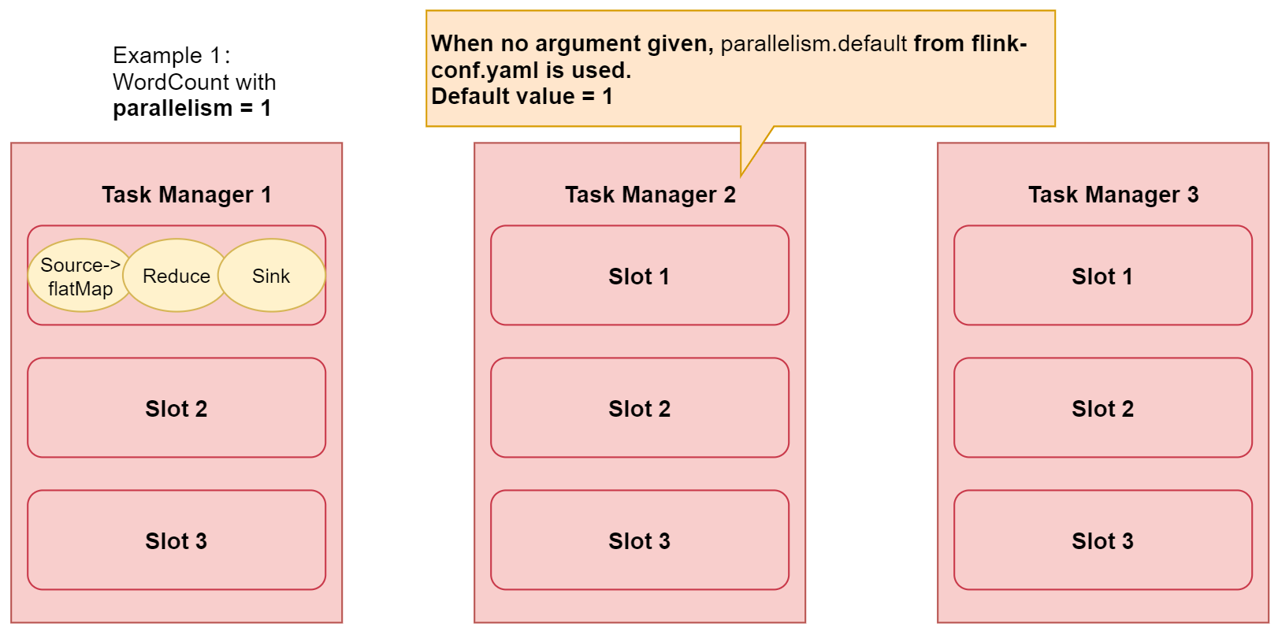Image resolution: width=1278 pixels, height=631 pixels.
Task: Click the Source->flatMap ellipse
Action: coord(79,276)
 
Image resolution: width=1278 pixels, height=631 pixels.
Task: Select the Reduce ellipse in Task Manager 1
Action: coord(176,276)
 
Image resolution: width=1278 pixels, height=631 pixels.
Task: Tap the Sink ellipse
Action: coord(271,276)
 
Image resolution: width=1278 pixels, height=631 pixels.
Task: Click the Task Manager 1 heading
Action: coord(187,195)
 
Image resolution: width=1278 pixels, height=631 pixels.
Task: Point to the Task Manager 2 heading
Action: coord(650,195)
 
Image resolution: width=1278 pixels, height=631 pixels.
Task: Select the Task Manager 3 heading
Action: coord(1113,195)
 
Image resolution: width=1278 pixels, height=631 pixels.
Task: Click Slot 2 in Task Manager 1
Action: coord(176,408)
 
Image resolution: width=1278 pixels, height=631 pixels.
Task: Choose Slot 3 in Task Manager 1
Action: coord(176,540)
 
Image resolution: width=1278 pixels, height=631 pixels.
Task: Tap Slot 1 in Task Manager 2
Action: coord(639,276)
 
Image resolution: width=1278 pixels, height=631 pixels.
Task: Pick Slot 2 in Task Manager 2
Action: coord(639,408)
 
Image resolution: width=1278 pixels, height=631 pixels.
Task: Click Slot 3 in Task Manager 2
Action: coord(639,540)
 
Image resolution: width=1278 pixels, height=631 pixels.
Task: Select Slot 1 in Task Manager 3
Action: coord(1102,276)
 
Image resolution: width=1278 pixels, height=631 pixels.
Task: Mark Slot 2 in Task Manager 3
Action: coord(1102,408)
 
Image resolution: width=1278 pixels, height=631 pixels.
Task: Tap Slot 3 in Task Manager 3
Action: coord(1102,540)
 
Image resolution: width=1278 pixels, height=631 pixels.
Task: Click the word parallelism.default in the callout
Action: coord(813,43)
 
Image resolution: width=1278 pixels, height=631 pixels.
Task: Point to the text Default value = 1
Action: coord(522,96)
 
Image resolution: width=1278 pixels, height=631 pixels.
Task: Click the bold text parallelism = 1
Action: coord(191,108)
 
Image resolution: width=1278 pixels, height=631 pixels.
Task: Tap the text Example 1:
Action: coord(171,55)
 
